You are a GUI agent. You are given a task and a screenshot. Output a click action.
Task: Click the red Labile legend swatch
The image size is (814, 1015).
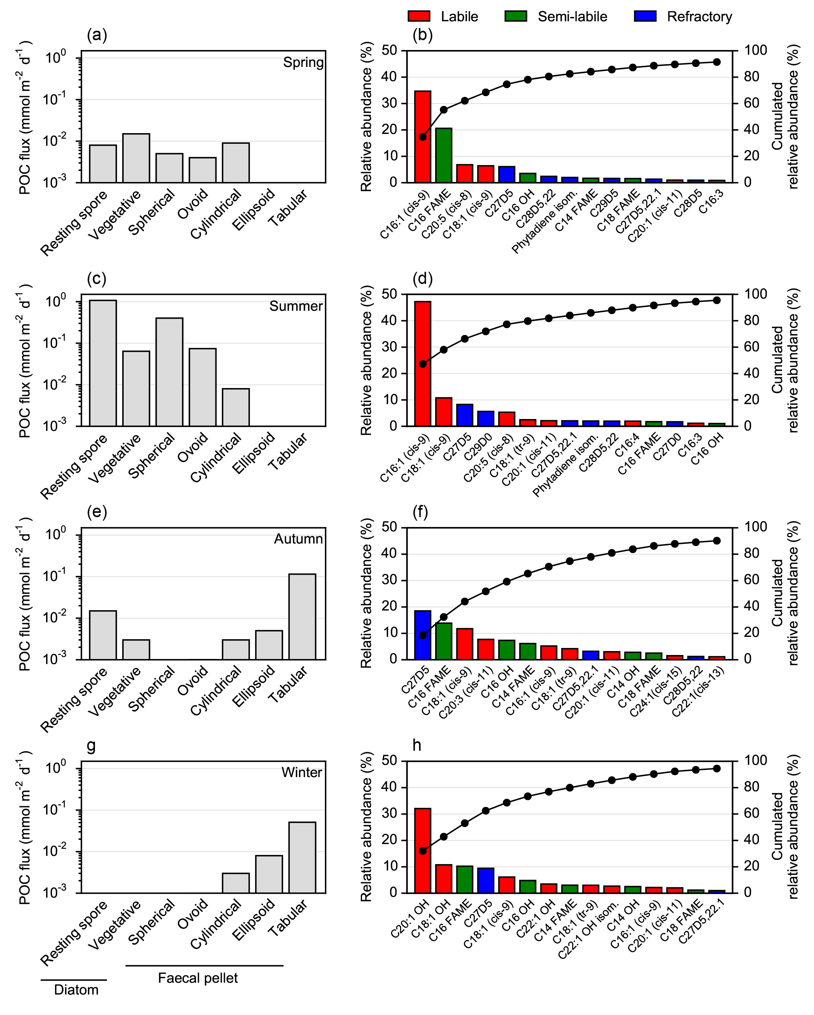click(x=419, y=17)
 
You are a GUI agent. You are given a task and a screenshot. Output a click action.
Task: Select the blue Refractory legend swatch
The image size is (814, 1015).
click(x=645, y=17)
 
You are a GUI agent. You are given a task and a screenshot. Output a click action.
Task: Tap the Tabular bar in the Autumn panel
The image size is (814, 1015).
click(x=302, y=616)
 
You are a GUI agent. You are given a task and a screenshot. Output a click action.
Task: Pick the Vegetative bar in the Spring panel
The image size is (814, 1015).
click(x=136, y=158)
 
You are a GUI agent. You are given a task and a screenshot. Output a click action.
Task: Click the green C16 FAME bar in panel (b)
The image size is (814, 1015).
click(x=443, y=155)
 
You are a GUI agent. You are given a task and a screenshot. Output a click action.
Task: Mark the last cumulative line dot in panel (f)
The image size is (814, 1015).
click(x=717, y=540)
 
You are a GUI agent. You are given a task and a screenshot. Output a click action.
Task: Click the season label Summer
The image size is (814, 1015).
click(x=296, y=306)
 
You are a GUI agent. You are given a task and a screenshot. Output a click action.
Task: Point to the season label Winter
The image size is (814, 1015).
click(x=301, y=772)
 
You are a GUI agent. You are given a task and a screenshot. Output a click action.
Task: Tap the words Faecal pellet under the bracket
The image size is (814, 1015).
click(x=198, y=978)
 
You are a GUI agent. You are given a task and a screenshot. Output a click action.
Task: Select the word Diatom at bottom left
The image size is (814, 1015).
click(x=76, y=990)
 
